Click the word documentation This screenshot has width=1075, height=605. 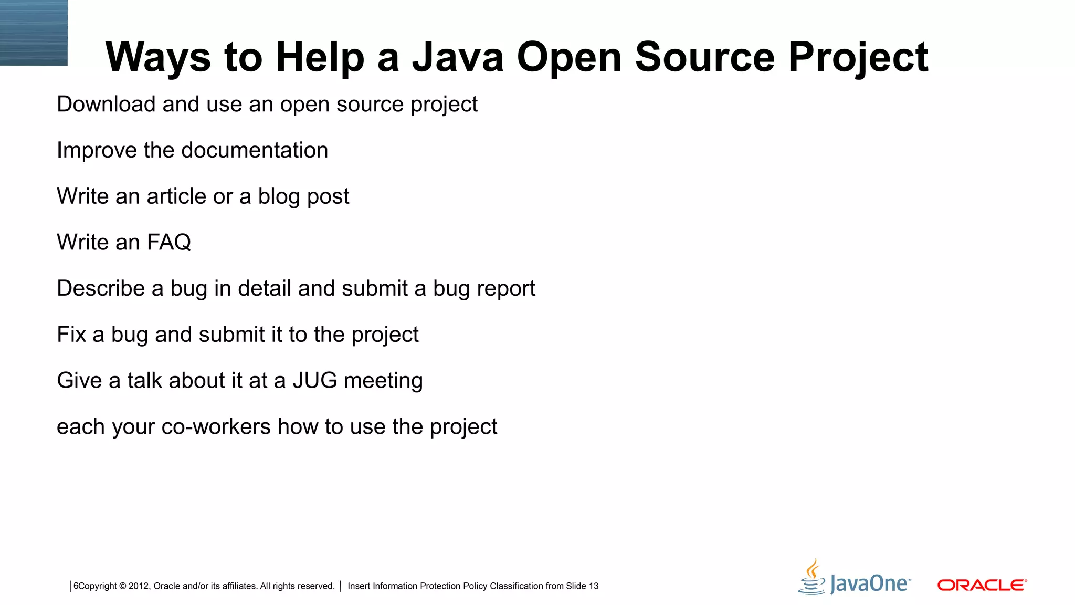pyautogui.click(x=255, y=150)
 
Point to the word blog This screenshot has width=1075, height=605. pyautogui.click(x=279, y=197)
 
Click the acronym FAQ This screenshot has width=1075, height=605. pyautogui.click(x=168, y=242)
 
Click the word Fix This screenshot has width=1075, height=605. pyautogui.click(x=71, y=335)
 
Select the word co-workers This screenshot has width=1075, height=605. pyautogui.click(x=216, y=426)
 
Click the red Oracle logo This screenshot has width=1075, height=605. pyautogui.click(x=982, y=585)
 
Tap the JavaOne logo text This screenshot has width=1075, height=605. pyautogui.click(x=870, y=584)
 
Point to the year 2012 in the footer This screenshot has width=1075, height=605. pyautogui.click(x=139, y=586)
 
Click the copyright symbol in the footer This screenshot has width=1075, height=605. pyautogui.click(x=123, y=586)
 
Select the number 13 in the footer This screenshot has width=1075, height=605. pyautogui.click(x=593, y=586)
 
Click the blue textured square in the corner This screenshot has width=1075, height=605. pyautogui.click(x=34, y=33)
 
